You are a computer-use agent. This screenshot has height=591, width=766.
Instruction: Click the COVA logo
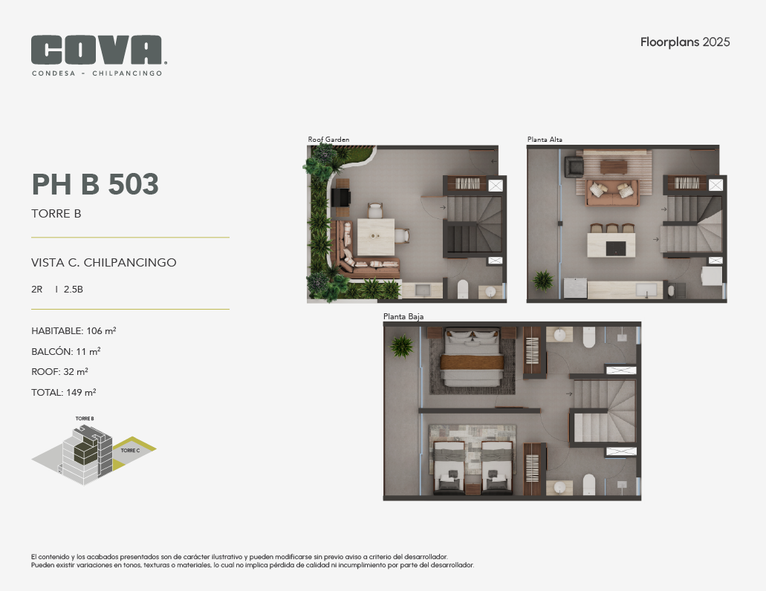99,56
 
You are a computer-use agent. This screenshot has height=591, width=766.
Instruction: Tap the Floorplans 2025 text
685,42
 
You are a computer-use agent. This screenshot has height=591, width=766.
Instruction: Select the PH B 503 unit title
95,184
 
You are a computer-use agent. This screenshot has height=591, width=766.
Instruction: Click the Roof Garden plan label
328,140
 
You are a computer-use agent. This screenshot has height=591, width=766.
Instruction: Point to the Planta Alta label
545,140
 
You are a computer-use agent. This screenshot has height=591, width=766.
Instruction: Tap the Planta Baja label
403,317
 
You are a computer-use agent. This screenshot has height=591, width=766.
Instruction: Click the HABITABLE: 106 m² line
74,331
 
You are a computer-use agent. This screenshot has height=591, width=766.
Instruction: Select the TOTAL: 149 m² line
63,392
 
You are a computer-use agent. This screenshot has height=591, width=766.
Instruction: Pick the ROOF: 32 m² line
59,372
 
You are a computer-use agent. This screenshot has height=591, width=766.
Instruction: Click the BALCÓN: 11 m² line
66,351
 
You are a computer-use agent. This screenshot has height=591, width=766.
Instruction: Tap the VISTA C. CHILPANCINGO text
103,263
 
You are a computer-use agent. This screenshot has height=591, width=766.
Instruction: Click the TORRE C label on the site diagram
131,451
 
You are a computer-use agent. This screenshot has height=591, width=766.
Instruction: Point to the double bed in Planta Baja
472,359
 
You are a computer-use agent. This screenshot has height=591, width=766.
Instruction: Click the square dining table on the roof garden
376,237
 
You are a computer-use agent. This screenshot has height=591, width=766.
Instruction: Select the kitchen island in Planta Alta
611,244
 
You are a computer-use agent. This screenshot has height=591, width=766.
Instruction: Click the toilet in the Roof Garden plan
463,289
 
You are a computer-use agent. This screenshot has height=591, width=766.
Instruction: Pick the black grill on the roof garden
341,197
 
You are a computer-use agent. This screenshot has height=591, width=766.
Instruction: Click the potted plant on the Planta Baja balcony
401,346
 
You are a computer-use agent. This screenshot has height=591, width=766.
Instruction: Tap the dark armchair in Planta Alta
574,166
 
